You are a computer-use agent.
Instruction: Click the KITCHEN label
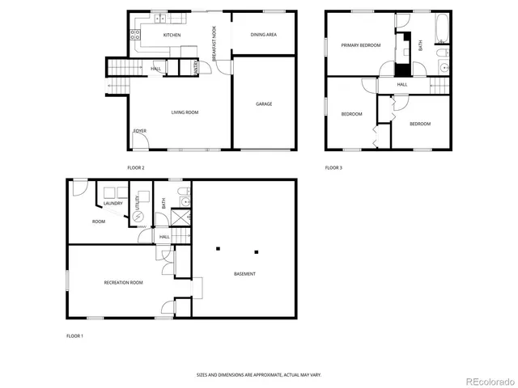(172, 36)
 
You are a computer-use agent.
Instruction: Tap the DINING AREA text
(263, 35)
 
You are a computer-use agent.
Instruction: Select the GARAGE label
(264, 103)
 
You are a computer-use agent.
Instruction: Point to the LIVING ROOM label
(185, 112)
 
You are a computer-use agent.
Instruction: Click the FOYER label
(140, 130)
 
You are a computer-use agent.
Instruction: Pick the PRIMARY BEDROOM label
(360, 45)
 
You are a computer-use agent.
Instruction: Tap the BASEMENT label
(244, 274)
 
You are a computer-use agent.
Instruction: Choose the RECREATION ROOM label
(123, 282)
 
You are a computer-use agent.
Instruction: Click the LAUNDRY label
(113, 203)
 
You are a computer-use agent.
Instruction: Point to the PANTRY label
(195, 70)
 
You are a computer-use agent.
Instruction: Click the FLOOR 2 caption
(135, 167)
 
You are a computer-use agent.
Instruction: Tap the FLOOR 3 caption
(333, 167)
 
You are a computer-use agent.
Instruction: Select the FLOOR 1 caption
(74, 335)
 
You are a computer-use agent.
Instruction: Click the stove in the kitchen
(136, 35)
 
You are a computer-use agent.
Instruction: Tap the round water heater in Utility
(125, 217)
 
